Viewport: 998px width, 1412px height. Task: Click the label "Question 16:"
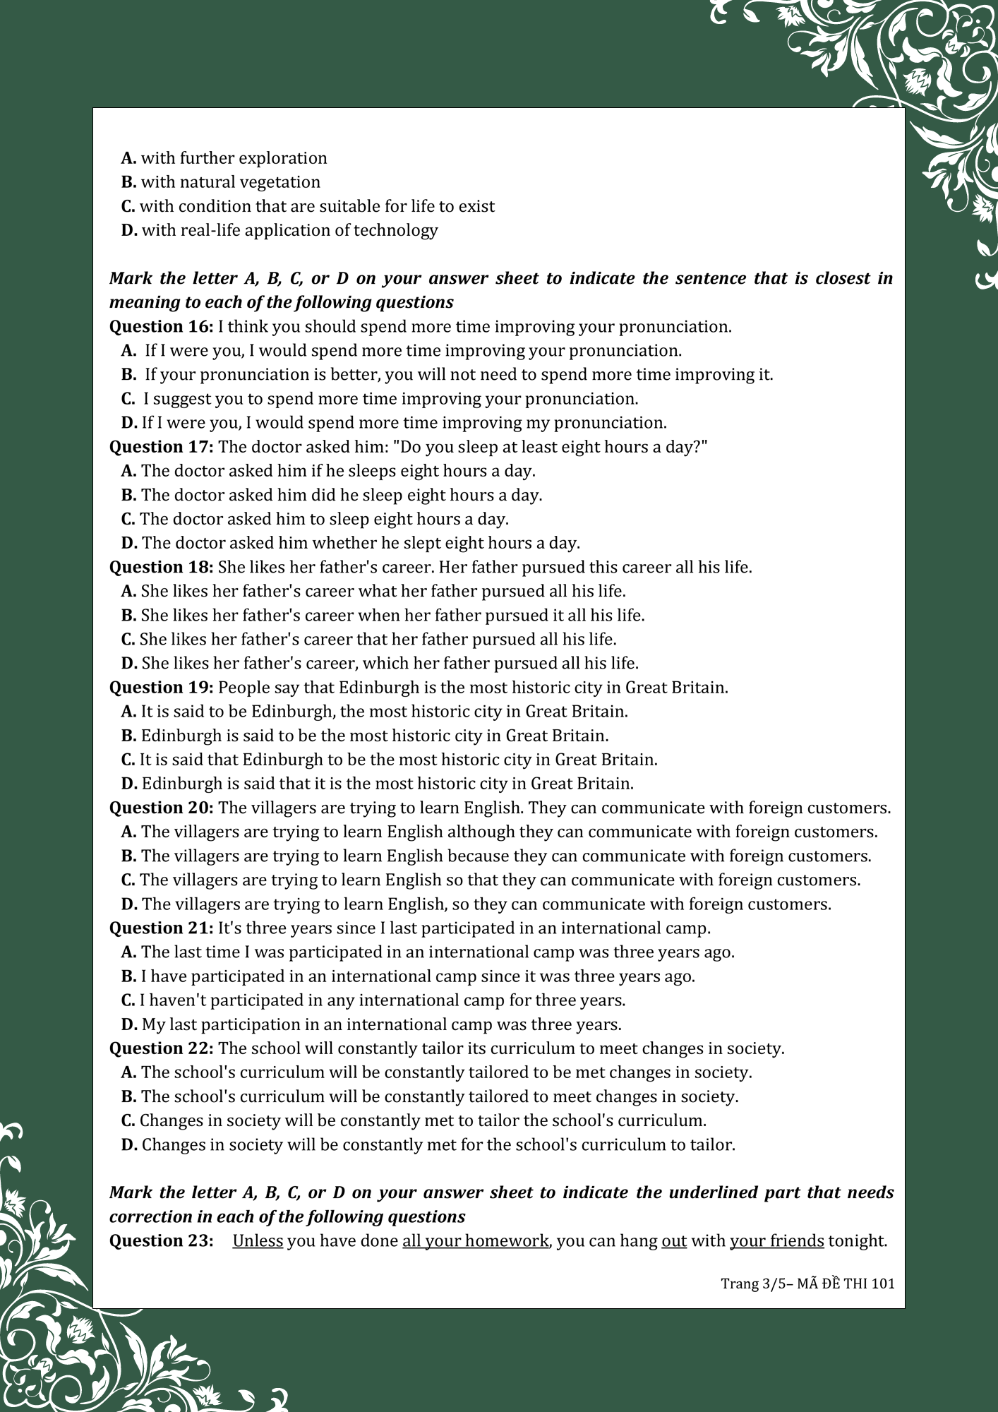point(161,327)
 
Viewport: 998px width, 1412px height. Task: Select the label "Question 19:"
point(161,688)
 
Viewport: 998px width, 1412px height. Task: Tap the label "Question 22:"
point(161,1048)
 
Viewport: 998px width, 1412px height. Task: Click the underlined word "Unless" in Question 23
point(258,1241)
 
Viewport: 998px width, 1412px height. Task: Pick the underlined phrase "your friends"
point(776,1241)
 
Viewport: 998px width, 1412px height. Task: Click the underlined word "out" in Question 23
point(674,1241)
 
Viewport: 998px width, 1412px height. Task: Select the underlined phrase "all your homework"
point(475,1241)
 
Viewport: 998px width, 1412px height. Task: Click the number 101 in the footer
point(883,1284)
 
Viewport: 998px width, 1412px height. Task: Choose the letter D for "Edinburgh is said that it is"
point(128,784)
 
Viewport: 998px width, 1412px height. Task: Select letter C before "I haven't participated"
point(128,1000)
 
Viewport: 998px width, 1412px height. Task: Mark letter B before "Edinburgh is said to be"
point(128,736)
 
